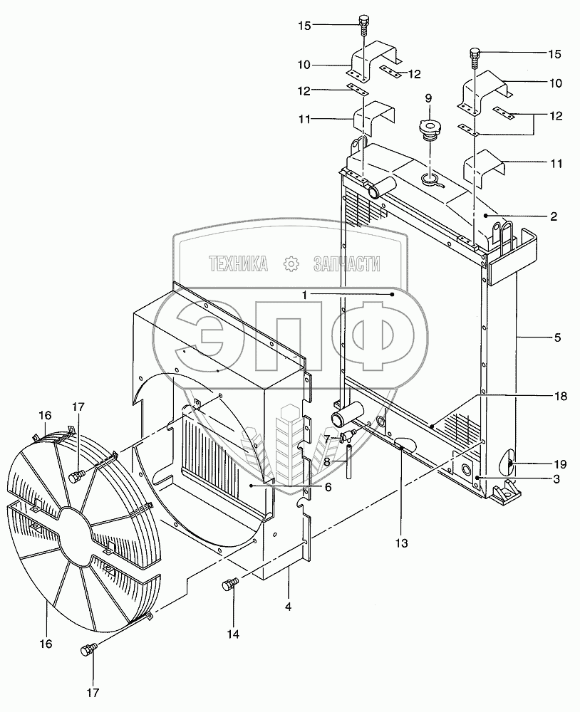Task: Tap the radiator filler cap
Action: coord(430,133)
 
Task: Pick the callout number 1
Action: coord(305,294)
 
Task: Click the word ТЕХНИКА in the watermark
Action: coord(238,265)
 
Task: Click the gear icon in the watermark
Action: coord(291,264)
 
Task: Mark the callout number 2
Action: coord(552,215)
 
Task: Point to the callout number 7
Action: coord(326,439)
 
